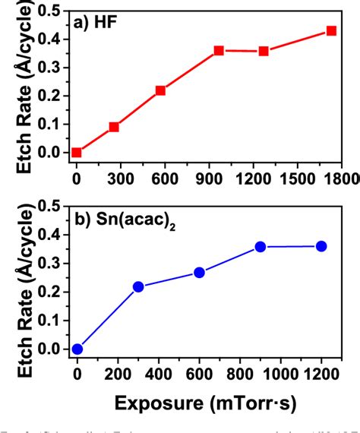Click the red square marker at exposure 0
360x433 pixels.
pyautogui.click(x=76, y=152)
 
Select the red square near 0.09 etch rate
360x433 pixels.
pyautogui.click(x=114, y=127)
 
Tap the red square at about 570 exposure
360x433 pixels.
pyautogui.click(x=160, y=90)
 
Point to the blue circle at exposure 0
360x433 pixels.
pyautogui.click(x=77, y=349)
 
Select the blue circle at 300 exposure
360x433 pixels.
pyautogui.click(x=138, y=286)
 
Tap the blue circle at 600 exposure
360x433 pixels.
pyautogui.click(x=199, y=272)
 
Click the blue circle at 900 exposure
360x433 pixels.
pyautogui.click(x=261, y=246)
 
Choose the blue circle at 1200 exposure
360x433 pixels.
pyautogui.click(x=321, y=246)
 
